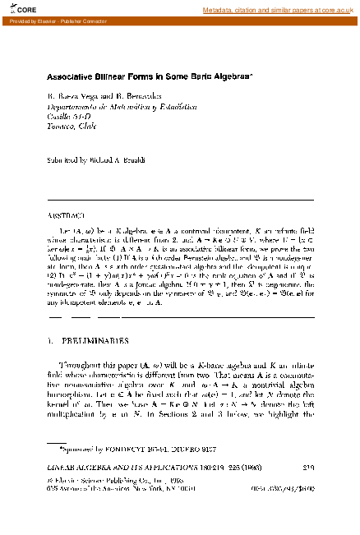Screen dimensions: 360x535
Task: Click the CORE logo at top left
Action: click(18, 10)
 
